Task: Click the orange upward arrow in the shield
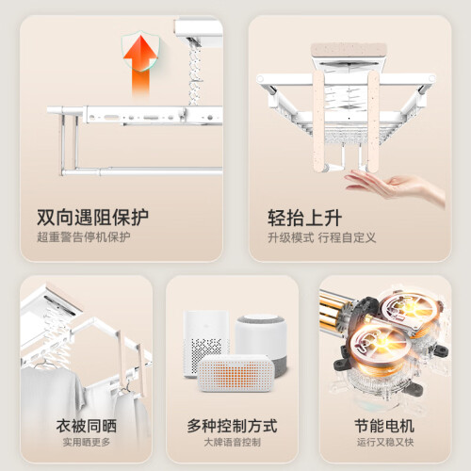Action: click(x=140, y=64)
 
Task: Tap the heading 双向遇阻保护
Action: click(x=93, y=217)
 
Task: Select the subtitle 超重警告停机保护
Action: click(x=84, y=236)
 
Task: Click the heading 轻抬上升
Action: click(x=304, y=218)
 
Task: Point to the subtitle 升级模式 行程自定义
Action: click(x=322, y=237)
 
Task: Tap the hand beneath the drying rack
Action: click(x=396, y=186)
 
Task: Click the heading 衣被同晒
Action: click(x=87, y=426)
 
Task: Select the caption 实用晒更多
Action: click(x=87, y=442)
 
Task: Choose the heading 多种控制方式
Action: click(x=232, y=426)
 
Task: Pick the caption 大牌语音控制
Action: click(x=232, y=442)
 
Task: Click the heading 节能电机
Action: click(x=384, y=426)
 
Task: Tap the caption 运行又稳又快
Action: click(x=385, y=442)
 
